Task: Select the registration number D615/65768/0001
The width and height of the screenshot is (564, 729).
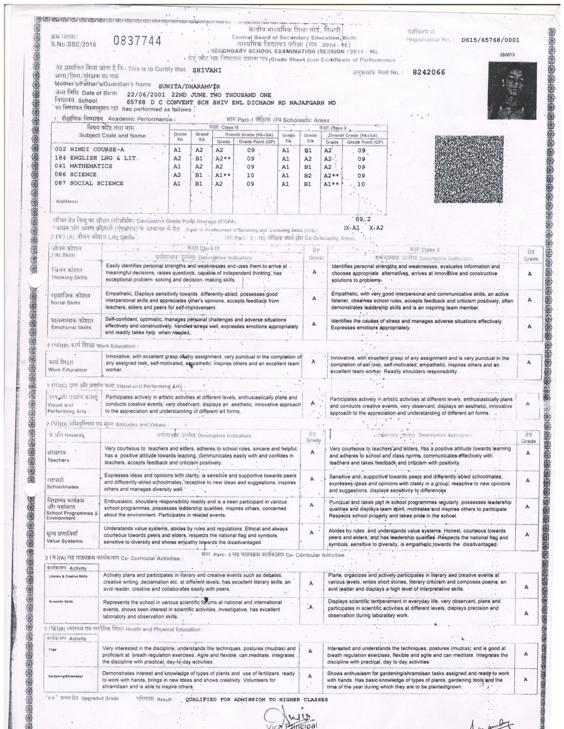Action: click(x=490, y=40)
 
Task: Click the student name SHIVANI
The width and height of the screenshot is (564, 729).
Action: click(x=207, y=70)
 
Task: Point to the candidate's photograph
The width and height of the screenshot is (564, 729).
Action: click(x=512, y=90)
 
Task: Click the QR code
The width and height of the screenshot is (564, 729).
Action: click(x=469, y=169)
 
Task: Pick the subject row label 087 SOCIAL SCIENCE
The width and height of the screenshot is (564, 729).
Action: click(x=89, y=183)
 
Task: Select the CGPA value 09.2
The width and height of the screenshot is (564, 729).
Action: click(x=363, y=219)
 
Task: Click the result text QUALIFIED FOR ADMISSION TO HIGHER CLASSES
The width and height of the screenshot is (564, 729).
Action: click(x=257, y=699)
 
